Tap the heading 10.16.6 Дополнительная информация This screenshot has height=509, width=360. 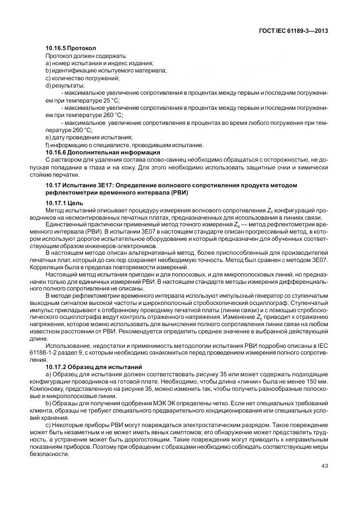[103, 152]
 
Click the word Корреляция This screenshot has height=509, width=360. [63, 268]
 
